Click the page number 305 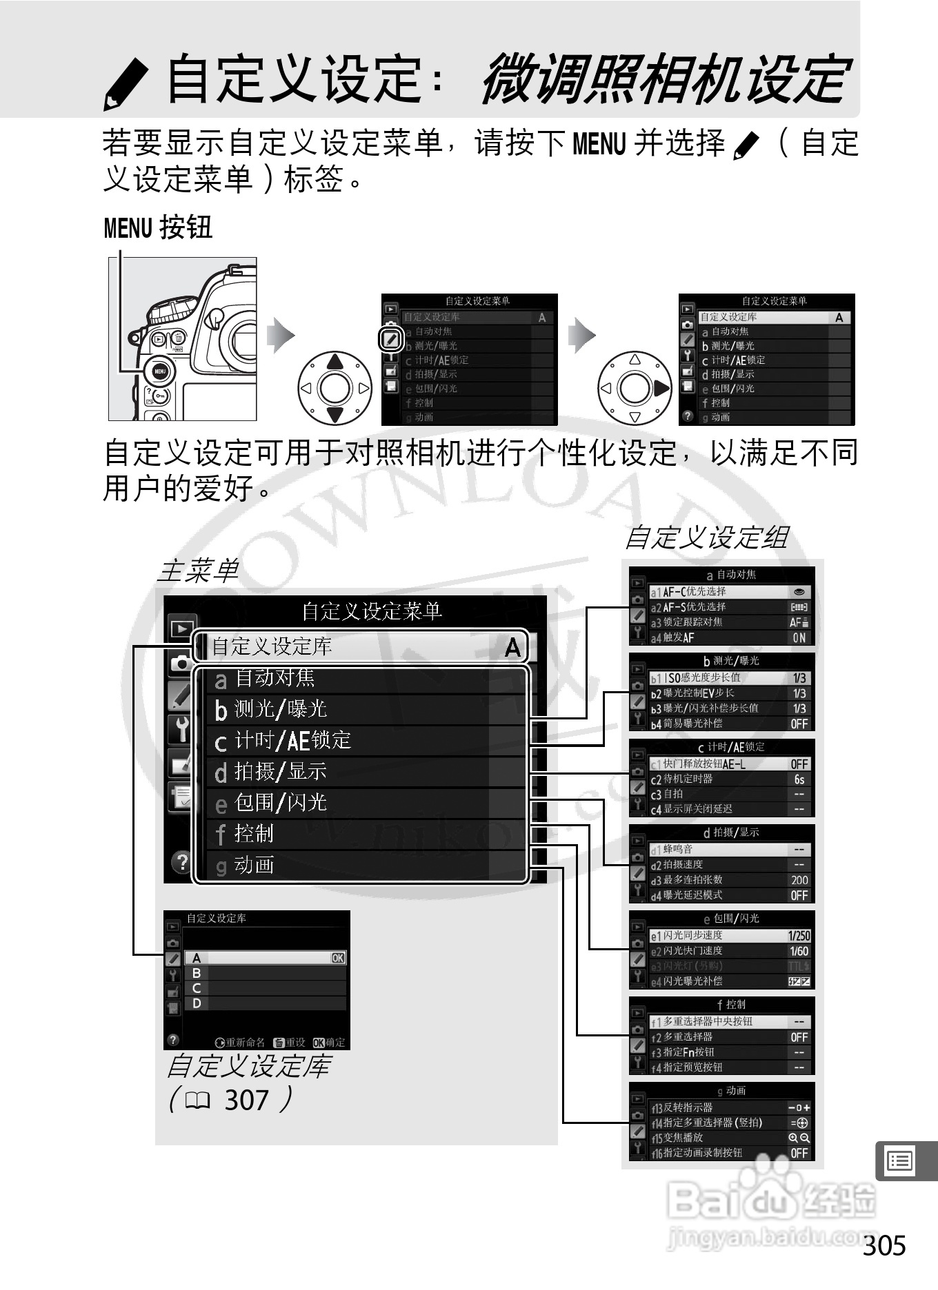[884, 1246]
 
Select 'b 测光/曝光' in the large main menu [366, 709]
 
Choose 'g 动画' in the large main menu [366, 865]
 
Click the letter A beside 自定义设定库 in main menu [512, 647]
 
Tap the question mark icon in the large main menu [181, 862]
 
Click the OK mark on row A [338, 958]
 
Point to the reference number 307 [246, 1100]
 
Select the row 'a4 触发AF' [730, 638]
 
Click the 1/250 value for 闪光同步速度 [799, 936]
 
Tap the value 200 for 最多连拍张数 [799, 880]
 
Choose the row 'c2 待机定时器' [730, 779]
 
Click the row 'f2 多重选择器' [730, 1037]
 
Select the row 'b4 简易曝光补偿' [730, 724]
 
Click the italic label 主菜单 [198, 571]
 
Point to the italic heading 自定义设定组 [706, 537]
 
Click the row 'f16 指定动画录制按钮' [730, 1153]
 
